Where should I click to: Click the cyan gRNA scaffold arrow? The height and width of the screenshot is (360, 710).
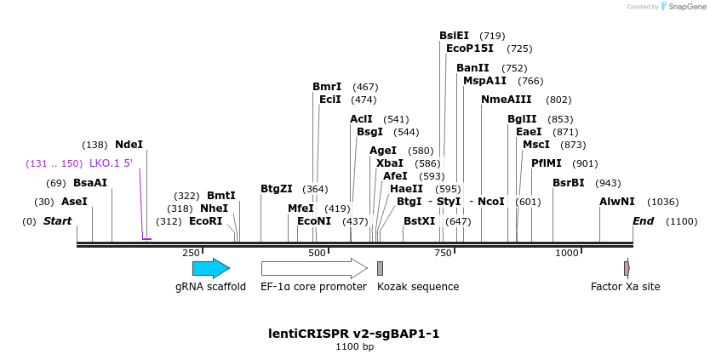point(210,268)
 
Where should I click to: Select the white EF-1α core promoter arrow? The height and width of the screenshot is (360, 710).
point(313,268)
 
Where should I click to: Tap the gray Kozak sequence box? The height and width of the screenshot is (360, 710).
point(380,268)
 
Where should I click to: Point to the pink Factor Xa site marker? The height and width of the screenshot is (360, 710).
point(627,268)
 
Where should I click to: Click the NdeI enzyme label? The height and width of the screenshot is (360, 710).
point(129,145)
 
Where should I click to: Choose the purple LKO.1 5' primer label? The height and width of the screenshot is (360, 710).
point(111,163)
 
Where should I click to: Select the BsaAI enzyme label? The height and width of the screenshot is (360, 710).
point(90,183)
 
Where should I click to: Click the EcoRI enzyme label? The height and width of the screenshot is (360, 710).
point(205,221)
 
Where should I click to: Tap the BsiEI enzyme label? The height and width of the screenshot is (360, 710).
point(454,36)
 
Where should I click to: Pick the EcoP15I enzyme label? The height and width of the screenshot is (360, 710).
point(469,49)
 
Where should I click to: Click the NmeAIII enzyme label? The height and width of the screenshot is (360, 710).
point(506,100)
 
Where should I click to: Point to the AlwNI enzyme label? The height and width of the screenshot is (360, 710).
point(617,202)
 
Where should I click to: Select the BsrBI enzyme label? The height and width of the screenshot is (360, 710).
point(569,183)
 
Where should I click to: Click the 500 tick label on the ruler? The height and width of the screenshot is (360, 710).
point(318,253)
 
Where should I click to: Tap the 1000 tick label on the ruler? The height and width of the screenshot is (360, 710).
point(566,253)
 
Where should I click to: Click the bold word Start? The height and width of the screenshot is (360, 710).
point(57,221)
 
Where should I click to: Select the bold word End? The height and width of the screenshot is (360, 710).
point(643,221)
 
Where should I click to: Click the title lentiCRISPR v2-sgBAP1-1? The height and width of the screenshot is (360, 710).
point(354,333)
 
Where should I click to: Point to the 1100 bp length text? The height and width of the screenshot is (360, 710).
point(354,347)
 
